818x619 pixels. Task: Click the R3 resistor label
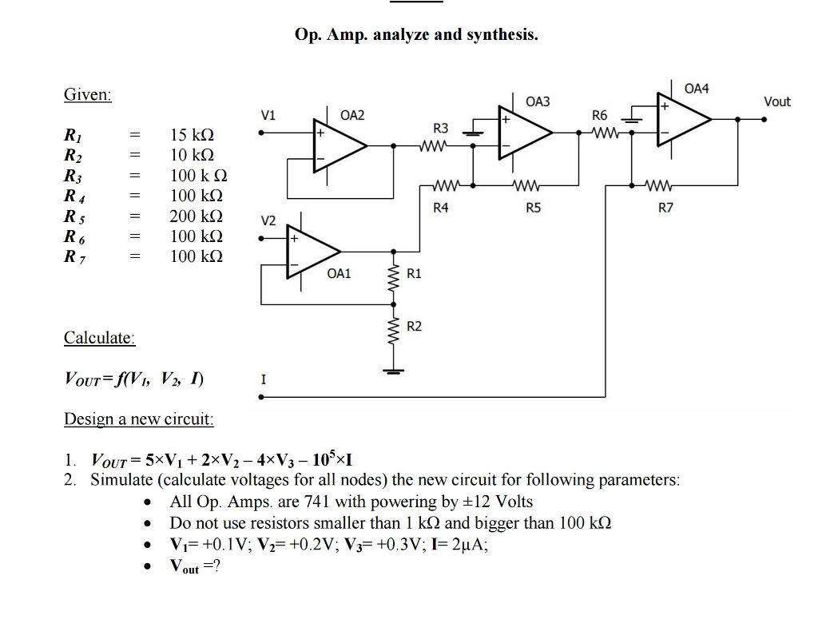(440, 128)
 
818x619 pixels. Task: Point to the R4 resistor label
(440, 208)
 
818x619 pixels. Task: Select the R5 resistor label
(533, 208)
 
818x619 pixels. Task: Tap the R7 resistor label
(665, 208)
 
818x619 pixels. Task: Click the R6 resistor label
(600, 116)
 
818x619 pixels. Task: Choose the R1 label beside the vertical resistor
(414, 274)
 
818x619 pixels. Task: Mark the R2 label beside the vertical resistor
(414, 326)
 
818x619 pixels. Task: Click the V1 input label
(269, 115)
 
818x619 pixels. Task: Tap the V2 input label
(269, 220)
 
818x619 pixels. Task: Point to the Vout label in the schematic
(776, 101)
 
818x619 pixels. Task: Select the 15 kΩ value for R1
(192, 134)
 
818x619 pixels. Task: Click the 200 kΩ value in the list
(196, 216)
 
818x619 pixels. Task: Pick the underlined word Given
(88, 94)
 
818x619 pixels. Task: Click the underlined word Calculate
(99, 337)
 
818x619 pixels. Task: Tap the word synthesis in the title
(502, 35)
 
